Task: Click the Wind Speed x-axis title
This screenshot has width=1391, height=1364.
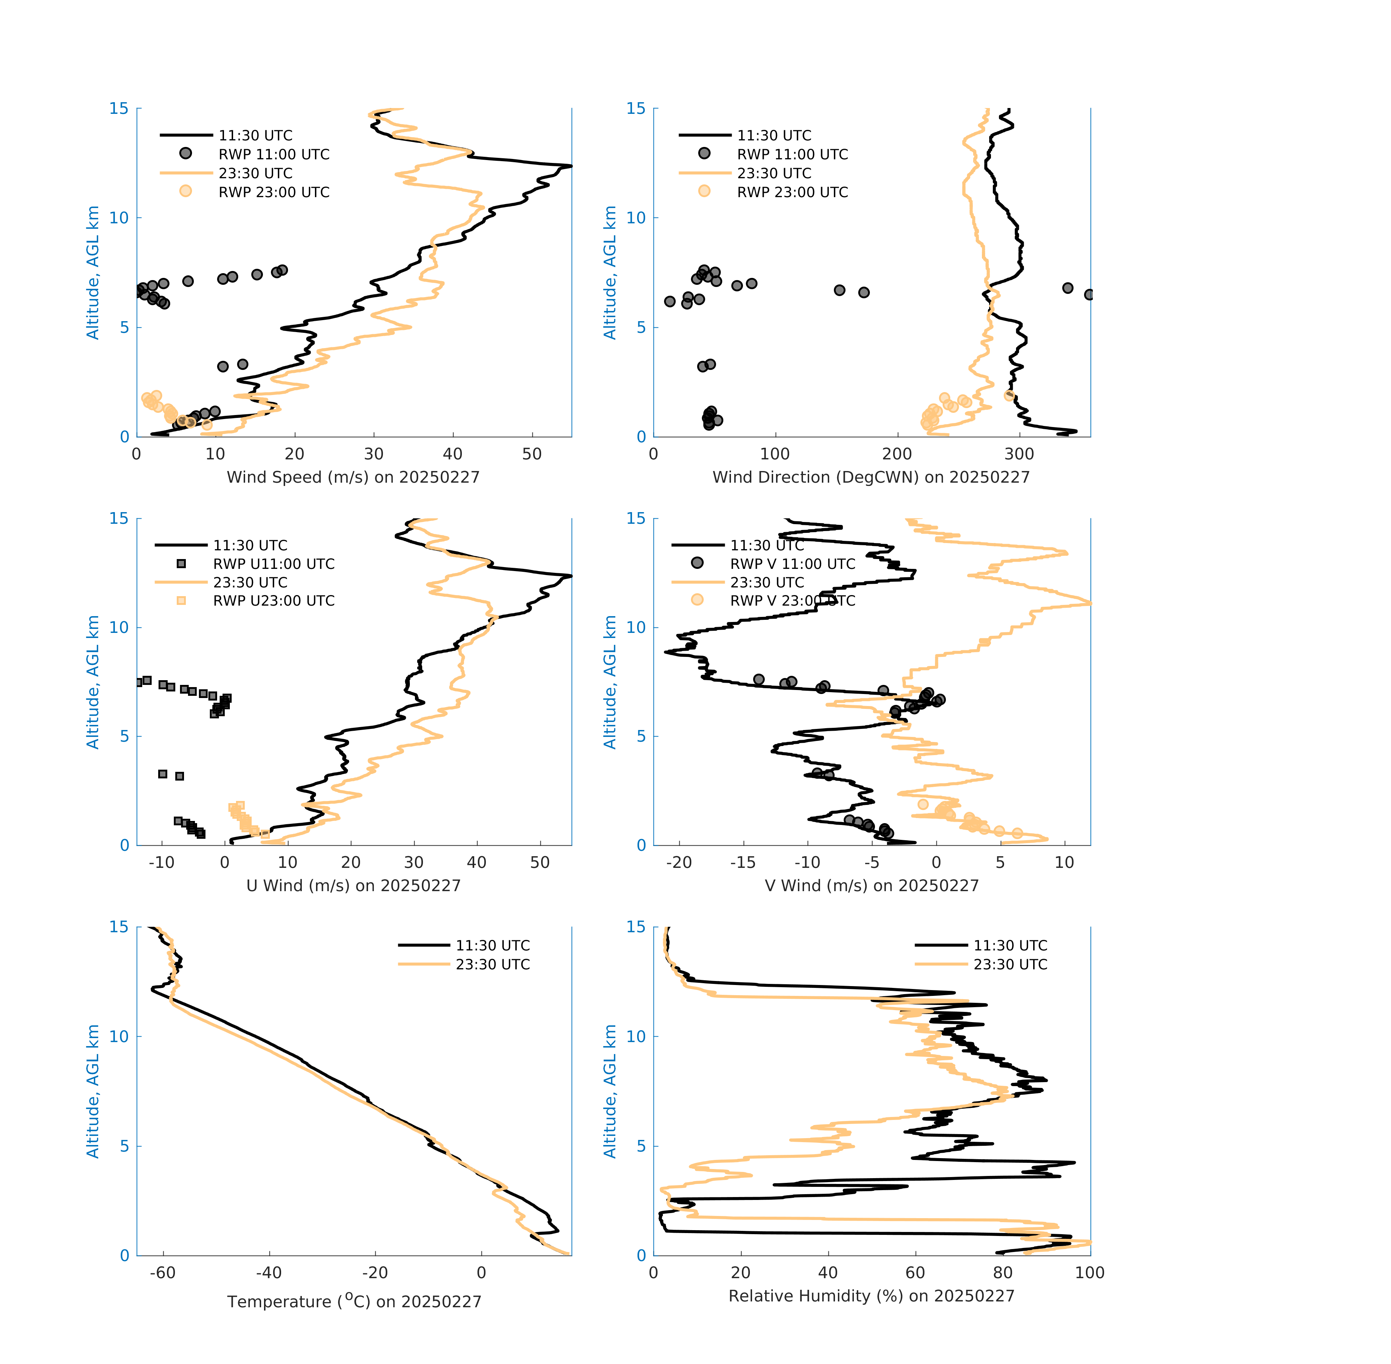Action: tap(353, 477)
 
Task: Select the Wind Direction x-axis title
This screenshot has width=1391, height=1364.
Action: tap(871, 477)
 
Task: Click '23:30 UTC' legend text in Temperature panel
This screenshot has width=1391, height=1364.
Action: tap(493, 964)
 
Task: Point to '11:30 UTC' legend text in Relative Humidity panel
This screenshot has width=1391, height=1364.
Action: tap(1010, 946)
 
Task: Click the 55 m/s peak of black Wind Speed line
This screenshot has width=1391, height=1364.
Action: tap(570, 166)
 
